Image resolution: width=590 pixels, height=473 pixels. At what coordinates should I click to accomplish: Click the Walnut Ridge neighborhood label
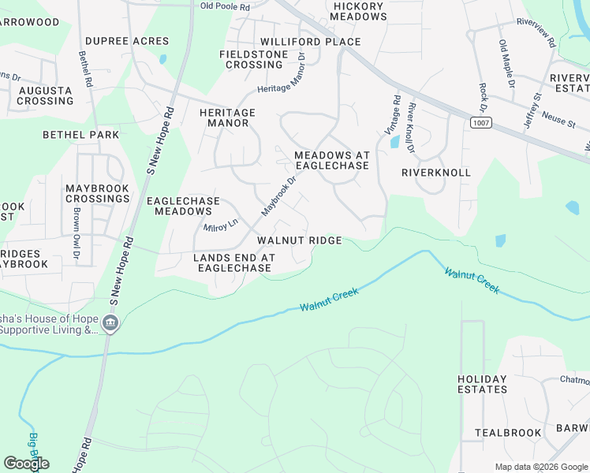click(299, 240)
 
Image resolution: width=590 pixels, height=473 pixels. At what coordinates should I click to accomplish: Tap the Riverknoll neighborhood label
click(435, 172)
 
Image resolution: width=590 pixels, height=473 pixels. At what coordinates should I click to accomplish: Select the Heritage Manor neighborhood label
click(227, 117)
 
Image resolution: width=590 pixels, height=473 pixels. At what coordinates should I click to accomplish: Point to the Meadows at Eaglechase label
click(331, 160)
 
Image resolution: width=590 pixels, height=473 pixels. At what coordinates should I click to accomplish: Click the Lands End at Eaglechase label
click(234, 263)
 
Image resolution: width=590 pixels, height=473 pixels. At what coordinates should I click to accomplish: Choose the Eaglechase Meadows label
click(183, 206)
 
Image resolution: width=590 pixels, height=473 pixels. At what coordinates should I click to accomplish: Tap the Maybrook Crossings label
click(97, 193)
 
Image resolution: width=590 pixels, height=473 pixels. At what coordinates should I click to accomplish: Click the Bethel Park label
click(81, 135)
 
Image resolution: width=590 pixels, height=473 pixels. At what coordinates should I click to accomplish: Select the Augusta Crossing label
click(46, 95)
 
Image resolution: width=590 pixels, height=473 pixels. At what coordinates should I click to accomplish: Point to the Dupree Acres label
click(126, 41)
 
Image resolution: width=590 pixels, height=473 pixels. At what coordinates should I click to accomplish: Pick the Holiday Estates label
click(482, 384)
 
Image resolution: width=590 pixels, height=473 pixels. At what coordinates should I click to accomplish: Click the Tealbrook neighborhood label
click(508, 433)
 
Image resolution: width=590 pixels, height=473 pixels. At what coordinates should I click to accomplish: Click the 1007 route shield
click(480, 123)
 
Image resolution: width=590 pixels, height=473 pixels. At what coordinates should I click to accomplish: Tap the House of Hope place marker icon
click(110, 322)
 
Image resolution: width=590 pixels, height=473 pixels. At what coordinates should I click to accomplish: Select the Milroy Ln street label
click(221, 226)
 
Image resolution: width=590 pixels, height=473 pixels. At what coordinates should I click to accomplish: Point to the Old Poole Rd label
click(225, 6)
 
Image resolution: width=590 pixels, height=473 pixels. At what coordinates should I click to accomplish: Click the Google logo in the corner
click(27, 464)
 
